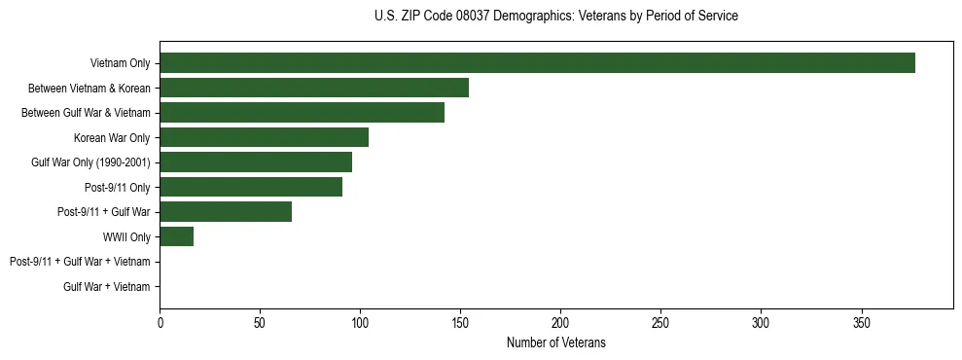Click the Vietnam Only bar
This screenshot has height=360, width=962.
pyautogui.click(x=537, y=63)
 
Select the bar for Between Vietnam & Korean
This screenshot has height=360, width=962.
pyautogui.click(x=314, y=88)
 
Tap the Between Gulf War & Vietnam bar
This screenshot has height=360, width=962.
pyautogui.click(x=302, y=113)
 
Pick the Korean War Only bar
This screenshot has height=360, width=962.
pyautogui.click(x=264, y=137)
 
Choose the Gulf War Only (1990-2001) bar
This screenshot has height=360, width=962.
pyautogui.click(x=256, y=162)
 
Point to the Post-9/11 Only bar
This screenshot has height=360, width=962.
pyautogui.click(x=251, y=187)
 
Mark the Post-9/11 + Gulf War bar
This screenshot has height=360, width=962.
pyautogui.click(x=226, y=211)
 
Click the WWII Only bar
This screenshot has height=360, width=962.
pyautogui.click(x=176, y=236)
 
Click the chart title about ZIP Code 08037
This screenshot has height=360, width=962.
pyautogui.click(x=555, y=17)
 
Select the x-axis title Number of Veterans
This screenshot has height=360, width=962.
pyautogui.click(x=555, y=342)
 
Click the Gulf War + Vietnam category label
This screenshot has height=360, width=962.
pyautogui.click(x=106, y=286)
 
